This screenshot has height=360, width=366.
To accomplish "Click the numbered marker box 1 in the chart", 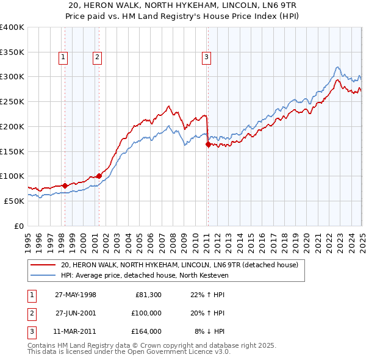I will click(63, 58).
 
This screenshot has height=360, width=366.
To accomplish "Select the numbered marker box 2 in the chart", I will click(97, 58).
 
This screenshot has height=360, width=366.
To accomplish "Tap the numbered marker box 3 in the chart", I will click(207, 58).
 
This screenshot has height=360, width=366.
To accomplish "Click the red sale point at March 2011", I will click(208, 145).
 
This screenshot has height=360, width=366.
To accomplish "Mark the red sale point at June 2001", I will click(99, 176).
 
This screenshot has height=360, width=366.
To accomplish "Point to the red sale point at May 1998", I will click(65, 185).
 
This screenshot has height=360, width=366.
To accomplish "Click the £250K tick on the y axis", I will click(12, 102).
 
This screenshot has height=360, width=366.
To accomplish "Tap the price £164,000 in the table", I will click(146, 331).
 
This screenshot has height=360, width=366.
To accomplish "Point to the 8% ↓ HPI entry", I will click(209, 331).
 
